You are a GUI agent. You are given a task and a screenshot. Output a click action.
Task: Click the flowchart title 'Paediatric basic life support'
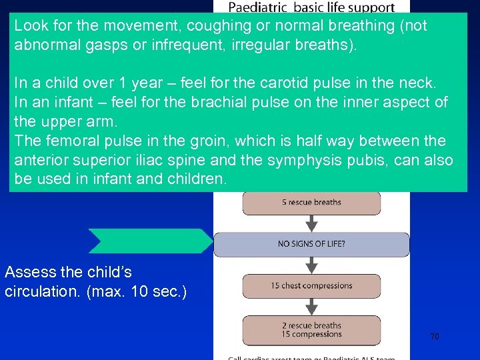(311, 8)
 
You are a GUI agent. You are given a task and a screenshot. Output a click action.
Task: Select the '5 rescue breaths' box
(311, 203)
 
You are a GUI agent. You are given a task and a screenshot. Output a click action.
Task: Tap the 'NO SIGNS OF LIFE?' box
(311, 244)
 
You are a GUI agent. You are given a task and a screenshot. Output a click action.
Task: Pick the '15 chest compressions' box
(311, 286)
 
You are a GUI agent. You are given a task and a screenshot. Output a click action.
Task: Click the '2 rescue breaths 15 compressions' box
(311, 330)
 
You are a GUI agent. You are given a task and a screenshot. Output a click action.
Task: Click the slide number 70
(434, 337)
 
